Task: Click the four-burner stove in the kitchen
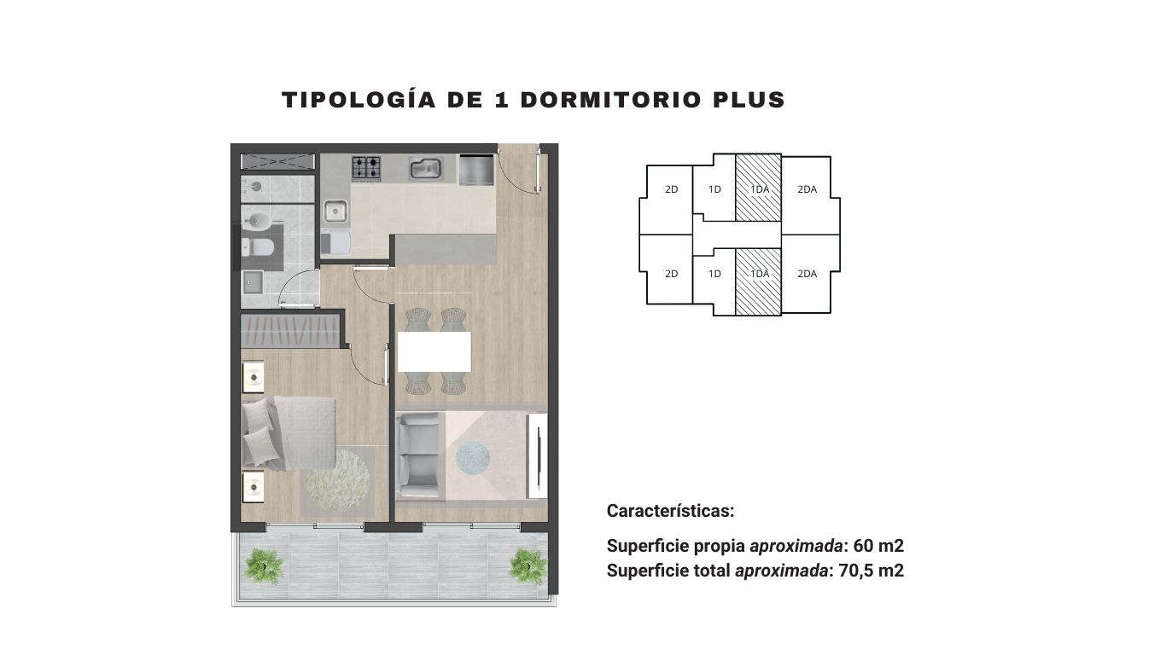(366, 168)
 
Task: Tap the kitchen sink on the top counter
(426, 169)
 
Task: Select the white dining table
(434, 351)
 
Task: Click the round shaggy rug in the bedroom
(338, 480)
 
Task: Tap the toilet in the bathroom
(258, 246)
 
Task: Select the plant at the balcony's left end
(265, 566)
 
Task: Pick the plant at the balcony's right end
(528, 565)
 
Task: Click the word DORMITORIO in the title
(611, 100)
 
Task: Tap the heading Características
(670, 511)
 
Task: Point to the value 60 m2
(878, 546)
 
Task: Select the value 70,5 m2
(872, 571)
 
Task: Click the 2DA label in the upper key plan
(807, 189)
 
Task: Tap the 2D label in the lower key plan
(672, 274)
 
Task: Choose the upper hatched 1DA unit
(759, 188)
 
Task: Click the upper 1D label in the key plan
(714, 189)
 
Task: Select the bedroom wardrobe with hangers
(290, 331)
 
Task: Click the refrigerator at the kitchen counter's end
(475, 169)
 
